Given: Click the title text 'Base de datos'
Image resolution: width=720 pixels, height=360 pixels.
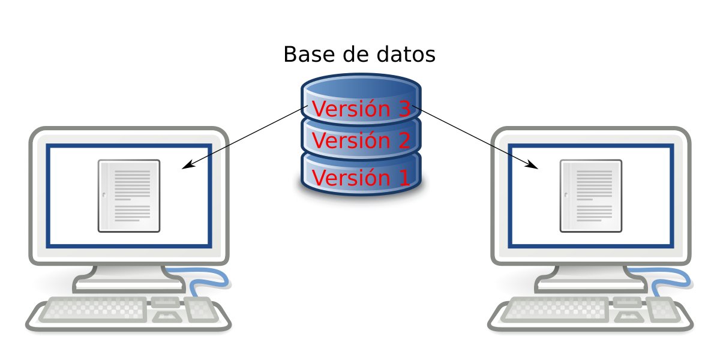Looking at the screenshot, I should click(359, 55).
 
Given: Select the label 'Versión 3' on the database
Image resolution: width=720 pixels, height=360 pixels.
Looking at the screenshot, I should click(361, 109).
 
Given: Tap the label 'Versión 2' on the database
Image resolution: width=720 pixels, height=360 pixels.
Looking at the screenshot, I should click(361, 141).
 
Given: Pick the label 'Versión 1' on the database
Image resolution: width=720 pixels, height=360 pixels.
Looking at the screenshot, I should click(361, 178).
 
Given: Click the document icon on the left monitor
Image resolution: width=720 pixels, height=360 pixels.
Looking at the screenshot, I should click(129, 196).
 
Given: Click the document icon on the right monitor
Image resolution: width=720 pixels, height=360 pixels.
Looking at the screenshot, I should click(591, 196).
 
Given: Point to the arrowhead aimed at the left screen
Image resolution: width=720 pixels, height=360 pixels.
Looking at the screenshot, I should click(187, 165).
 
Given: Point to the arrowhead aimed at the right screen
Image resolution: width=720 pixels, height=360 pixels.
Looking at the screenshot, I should click(533, 165).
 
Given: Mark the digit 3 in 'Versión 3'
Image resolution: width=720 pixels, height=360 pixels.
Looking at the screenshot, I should click(403, 109).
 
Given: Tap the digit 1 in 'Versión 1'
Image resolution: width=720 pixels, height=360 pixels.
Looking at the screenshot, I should click(403, 178).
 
